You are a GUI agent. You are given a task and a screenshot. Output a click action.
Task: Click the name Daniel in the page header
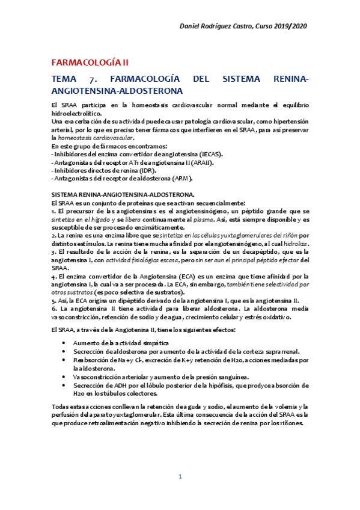click(194, 27)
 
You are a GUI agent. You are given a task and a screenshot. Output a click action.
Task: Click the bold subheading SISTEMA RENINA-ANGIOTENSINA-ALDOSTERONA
click(123, 195)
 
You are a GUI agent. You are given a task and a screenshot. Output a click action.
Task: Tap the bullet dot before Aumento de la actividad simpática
click(65, 343)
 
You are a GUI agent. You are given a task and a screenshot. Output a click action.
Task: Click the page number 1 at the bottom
click(180, 477)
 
